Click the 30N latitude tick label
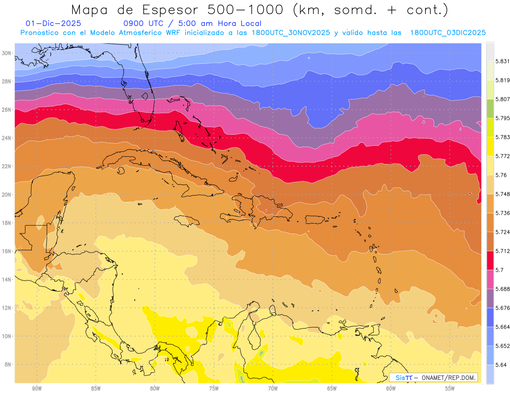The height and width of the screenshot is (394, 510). pos(6,53)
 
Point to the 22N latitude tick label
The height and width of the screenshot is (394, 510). pos(6,166)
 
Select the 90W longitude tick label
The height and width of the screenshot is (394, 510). pos(37,388)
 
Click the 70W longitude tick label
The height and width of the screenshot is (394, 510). pos(273,388)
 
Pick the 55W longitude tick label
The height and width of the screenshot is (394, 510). pos(450,388)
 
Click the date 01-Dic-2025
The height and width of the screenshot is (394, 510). pos(53,24)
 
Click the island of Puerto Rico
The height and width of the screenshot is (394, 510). pos(318,219)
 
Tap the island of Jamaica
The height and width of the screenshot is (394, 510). pos(187,221)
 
